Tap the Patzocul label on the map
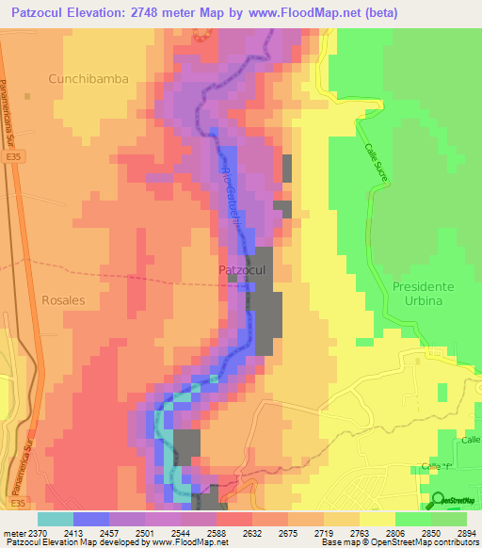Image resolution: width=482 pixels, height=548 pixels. pyautogui.click(x=243, y=270)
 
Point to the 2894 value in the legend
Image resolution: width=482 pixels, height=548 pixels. pyautogui.click(x=467, y=533)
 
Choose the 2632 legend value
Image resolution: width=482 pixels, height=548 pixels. pyautogui.click(x=253, y=533)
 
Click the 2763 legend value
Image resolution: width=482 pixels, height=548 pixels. pyautogui.click(x=360, y=533)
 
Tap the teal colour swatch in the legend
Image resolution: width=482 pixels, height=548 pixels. pyautogui.click(x=55, y=519)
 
